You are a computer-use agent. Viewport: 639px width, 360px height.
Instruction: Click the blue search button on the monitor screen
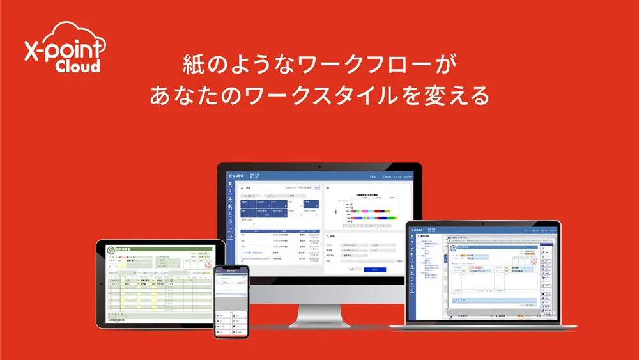tap(374, 269)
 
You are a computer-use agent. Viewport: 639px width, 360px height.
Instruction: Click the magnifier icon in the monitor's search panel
tap(328, 236)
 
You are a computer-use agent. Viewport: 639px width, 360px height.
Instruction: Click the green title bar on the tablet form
tap(160, 249)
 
